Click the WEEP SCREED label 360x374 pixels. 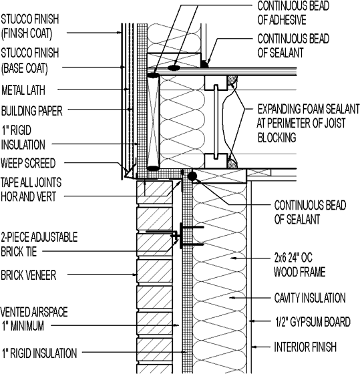[x=28, y=162]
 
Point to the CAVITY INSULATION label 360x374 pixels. [x=309, y=298]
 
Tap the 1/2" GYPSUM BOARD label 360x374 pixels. [x=312, y=322]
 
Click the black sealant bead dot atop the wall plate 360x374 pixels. [x=192, y=176]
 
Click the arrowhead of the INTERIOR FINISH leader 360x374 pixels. [x=252, y=347]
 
